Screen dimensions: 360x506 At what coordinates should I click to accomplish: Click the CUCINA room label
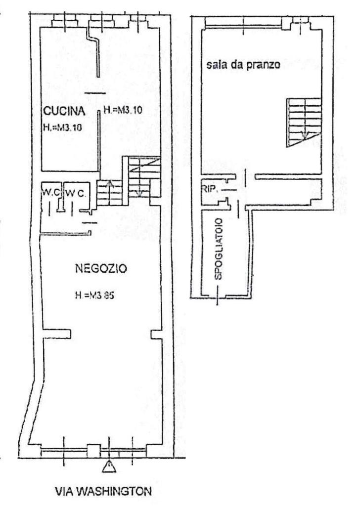(64, 111)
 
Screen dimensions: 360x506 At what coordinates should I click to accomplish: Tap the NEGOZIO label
(101, 268)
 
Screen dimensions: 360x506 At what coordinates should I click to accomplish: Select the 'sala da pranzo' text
(243, 65)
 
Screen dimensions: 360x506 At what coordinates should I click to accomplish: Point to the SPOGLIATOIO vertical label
(219, 249)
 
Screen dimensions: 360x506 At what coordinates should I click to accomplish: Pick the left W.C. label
(51, 193)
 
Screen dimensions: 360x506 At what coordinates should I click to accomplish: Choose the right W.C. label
(76, 193)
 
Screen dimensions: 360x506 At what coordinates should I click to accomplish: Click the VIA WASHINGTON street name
(104, 492)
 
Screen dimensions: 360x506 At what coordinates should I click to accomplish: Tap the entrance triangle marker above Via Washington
(109, 466)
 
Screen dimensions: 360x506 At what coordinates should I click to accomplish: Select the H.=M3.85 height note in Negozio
(94, 295)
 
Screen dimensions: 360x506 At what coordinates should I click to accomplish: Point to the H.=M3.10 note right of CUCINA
(123, 110)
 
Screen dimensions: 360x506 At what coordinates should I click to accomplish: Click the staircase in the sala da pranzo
(304, 123)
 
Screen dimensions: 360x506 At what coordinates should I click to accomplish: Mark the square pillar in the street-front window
(93, 451)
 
